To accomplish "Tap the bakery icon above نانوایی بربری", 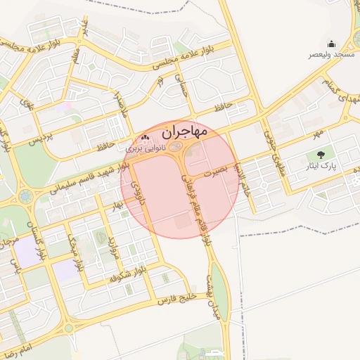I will point(146,139).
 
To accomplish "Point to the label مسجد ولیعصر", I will point(331,55).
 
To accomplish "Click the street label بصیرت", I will point(215,171).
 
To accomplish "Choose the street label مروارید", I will point(111,247).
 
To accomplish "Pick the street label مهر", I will point(319,133).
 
